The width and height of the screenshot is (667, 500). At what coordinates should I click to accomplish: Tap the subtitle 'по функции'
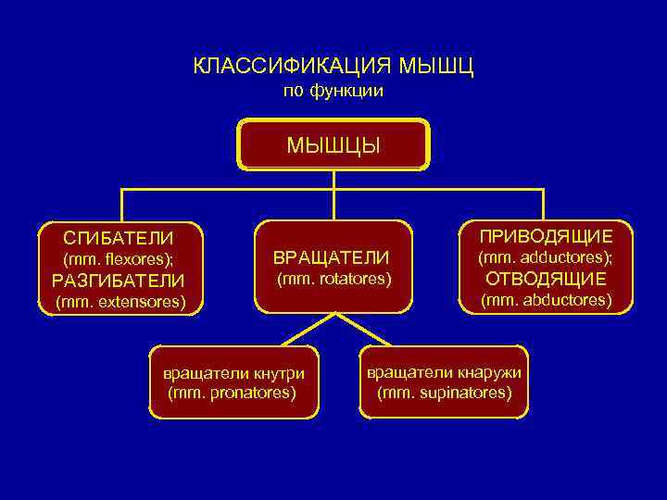click(333, 91)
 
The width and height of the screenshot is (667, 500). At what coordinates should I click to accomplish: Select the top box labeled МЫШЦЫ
click(333, 144)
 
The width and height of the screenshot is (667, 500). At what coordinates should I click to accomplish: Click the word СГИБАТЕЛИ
click(118, 238)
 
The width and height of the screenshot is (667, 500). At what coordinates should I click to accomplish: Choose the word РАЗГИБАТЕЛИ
click(118, 281)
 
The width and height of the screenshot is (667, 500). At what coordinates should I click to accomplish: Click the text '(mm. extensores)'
click(120, 302)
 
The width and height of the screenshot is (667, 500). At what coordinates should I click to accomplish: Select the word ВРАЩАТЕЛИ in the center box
click(331, 256)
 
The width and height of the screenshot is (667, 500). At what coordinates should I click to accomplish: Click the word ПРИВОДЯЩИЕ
click(545, 236)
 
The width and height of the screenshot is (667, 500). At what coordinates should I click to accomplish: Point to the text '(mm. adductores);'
click(545, 257)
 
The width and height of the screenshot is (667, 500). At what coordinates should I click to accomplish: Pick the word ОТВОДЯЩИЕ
click(545, 279)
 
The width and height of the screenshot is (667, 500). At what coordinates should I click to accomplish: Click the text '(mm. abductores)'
click(546, 300)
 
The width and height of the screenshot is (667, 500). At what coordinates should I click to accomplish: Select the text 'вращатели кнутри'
click(233, 374)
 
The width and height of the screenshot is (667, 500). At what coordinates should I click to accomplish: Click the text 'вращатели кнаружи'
click(444, 372)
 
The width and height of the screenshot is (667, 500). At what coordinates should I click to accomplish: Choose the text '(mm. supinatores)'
click(444, 393)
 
